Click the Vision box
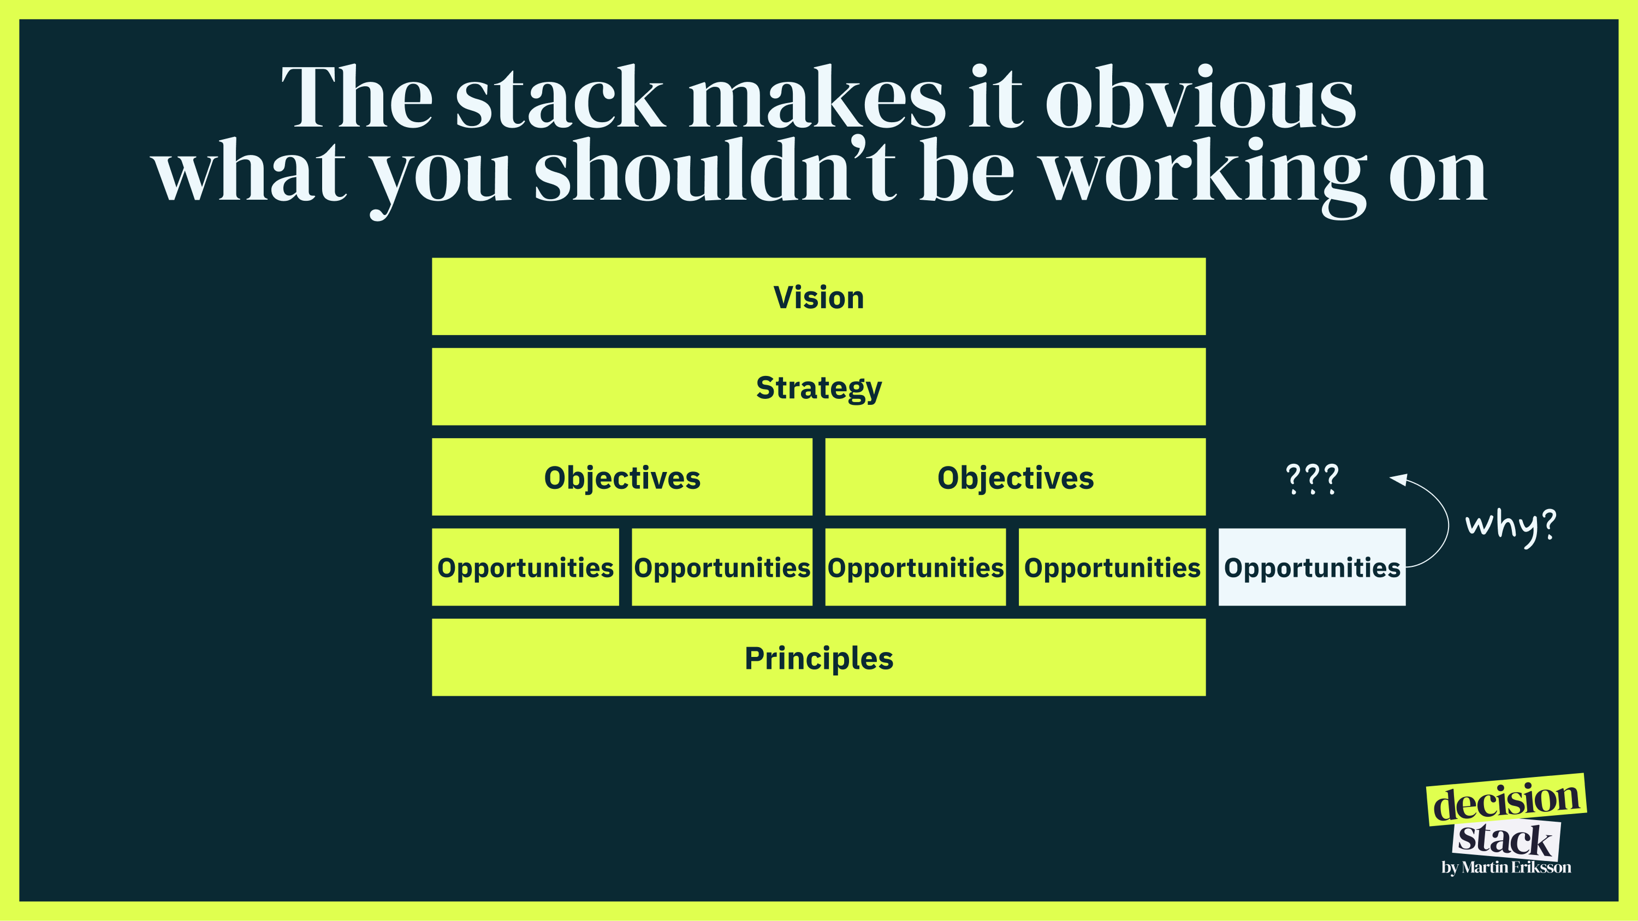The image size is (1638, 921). click(x=818, y=296)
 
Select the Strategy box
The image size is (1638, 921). click(x=818, y=386)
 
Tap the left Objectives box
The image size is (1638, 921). click(x=622, y=477)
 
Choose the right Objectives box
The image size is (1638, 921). click(x=1015, y=477)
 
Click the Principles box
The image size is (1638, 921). click(x=818, y=657)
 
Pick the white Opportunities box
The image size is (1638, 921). click(x=1312, y=567)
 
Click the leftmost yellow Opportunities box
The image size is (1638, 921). click(x=525, y=567)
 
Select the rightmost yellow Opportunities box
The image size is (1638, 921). click(x=1112, y=567)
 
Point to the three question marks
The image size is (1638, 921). click(x=1312, y=479)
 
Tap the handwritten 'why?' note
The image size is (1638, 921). click(x=1510, y=527)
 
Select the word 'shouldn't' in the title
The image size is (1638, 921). click(x=715, y=170)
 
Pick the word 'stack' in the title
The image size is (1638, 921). click(x=560, y=97)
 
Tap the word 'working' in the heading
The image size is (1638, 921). click(x=1204, y=178)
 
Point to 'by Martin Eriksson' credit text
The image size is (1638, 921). click(x=1506, y=868)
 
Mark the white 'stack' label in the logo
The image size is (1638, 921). click(x=1505, y=840)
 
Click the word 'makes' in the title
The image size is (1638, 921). click(x=818, y=97)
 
